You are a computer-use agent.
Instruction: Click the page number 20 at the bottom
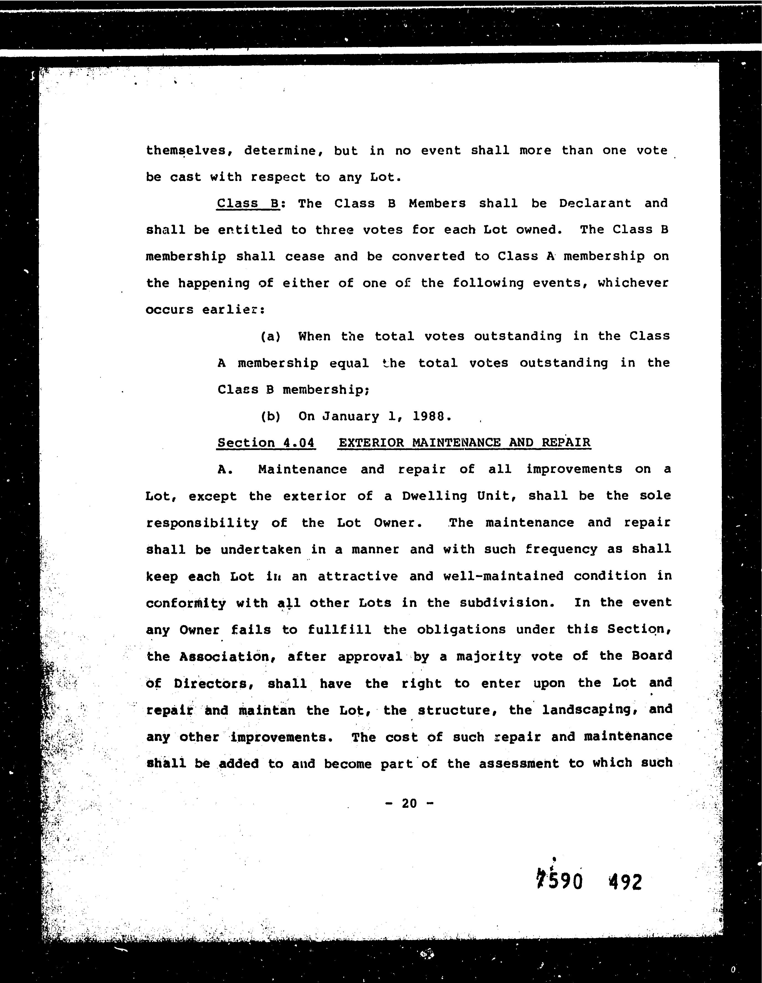coord(409,803)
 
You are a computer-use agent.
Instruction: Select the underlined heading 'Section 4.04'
coord(266,443)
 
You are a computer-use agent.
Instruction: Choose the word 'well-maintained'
coord(503,576)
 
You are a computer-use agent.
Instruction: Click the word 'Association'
coord(227,657)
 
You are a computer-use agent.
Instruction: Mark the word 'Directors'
coord(211,684)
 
